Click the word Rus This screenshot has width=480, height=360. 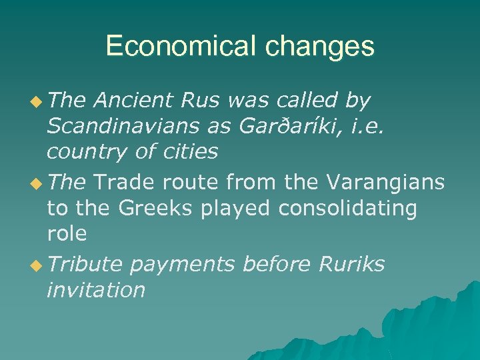point(204,101)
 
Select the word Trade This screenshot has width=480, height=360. point(125,182)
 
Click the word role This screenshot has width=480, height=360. point(67,233)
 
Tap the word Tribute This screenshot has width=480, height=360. point(85,264)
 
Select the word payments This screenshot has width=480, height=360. point(183,265)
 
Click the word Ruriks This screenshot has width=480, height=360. point(351,264)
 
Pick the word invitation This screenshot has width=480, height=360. point(96,290)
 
